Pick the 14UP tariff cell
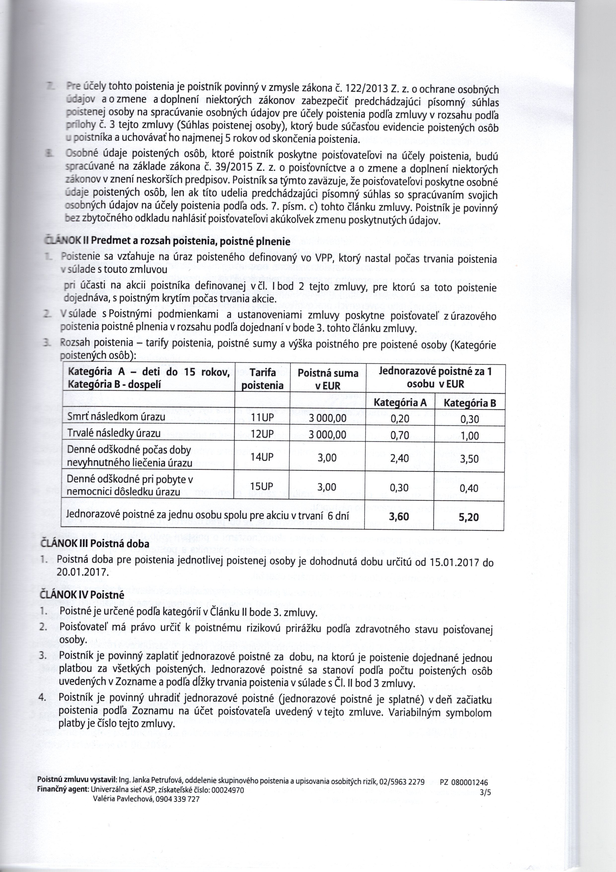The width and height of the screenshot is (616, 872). pos(262,457)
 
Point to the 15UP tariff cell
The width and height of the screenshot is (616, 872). pos(262,487)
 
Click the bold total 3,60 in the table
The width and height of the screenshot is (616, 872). pos(399,517)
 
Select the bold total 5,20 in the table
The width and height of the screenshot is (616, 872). pos(469,517)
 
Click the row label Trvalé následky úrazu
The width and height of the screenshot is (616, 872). pos(114,433)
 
